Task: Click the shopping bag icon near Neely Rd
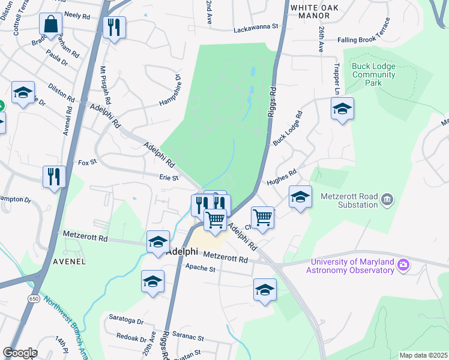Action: point(51,25)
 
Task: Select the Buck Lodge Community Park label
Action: point(373,75)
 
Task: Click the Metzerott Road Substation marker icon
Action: point(387,199)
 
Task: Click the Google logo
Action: point(20,353)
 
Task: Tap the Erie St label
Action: point(169,178)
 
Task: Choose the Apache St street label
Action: point(200,269)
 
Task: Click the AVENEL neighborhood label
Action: point(68,262)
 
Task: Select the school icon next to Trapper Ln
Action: point(342,109)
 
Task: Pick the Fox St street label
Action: point(88,163)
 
